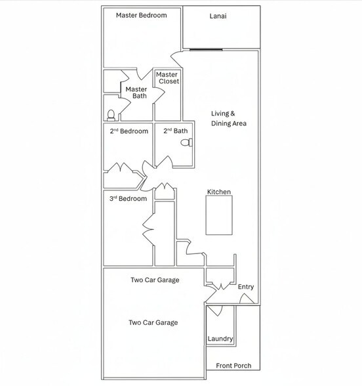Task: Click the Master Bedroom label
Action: (142, 15)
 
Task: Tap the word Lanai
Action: (218, 16)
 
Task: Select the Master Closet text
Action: (167, 77)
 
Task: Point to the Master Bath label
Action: (136, 93)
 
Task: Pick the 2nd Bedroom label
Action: (129, 131)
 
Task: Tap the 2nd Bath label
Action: (176, 131)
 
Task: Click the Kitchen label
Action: (219, 192)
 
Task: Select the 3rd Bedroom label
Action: (128, 198)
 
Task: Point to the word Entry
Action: (246, 287)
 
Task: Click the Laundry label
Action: (220, 339)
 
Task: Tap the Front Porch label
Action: (233, 366)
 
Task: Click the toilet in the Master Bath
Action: (111, 116)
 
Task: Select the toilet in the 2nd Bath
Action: (187, 142)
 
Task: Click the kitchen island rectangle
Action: (219, 215)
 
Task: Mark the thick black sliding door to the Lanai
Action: (206, 50)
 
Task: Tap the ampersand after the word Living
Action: (233, 114)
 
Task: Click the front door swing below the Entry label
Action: (247, 298)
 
